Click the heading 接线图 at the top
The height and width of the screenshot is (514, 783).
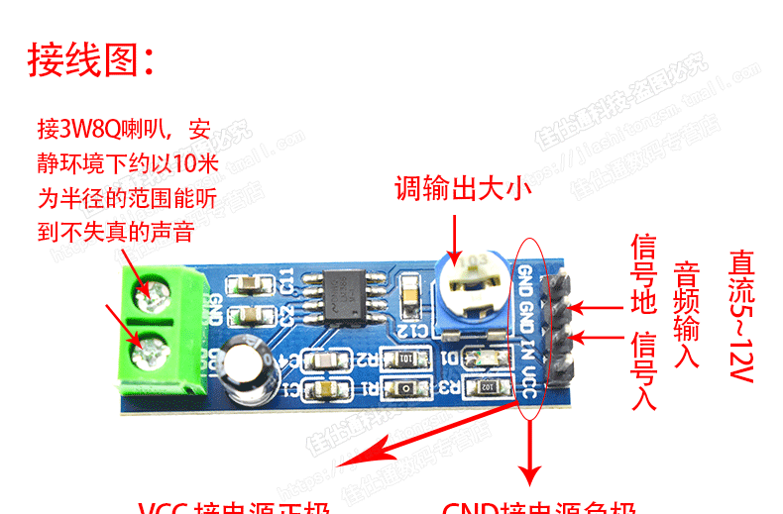tap(90, 60)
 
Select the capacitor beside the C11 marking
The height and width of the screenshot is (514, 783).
tap(247, 282)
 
